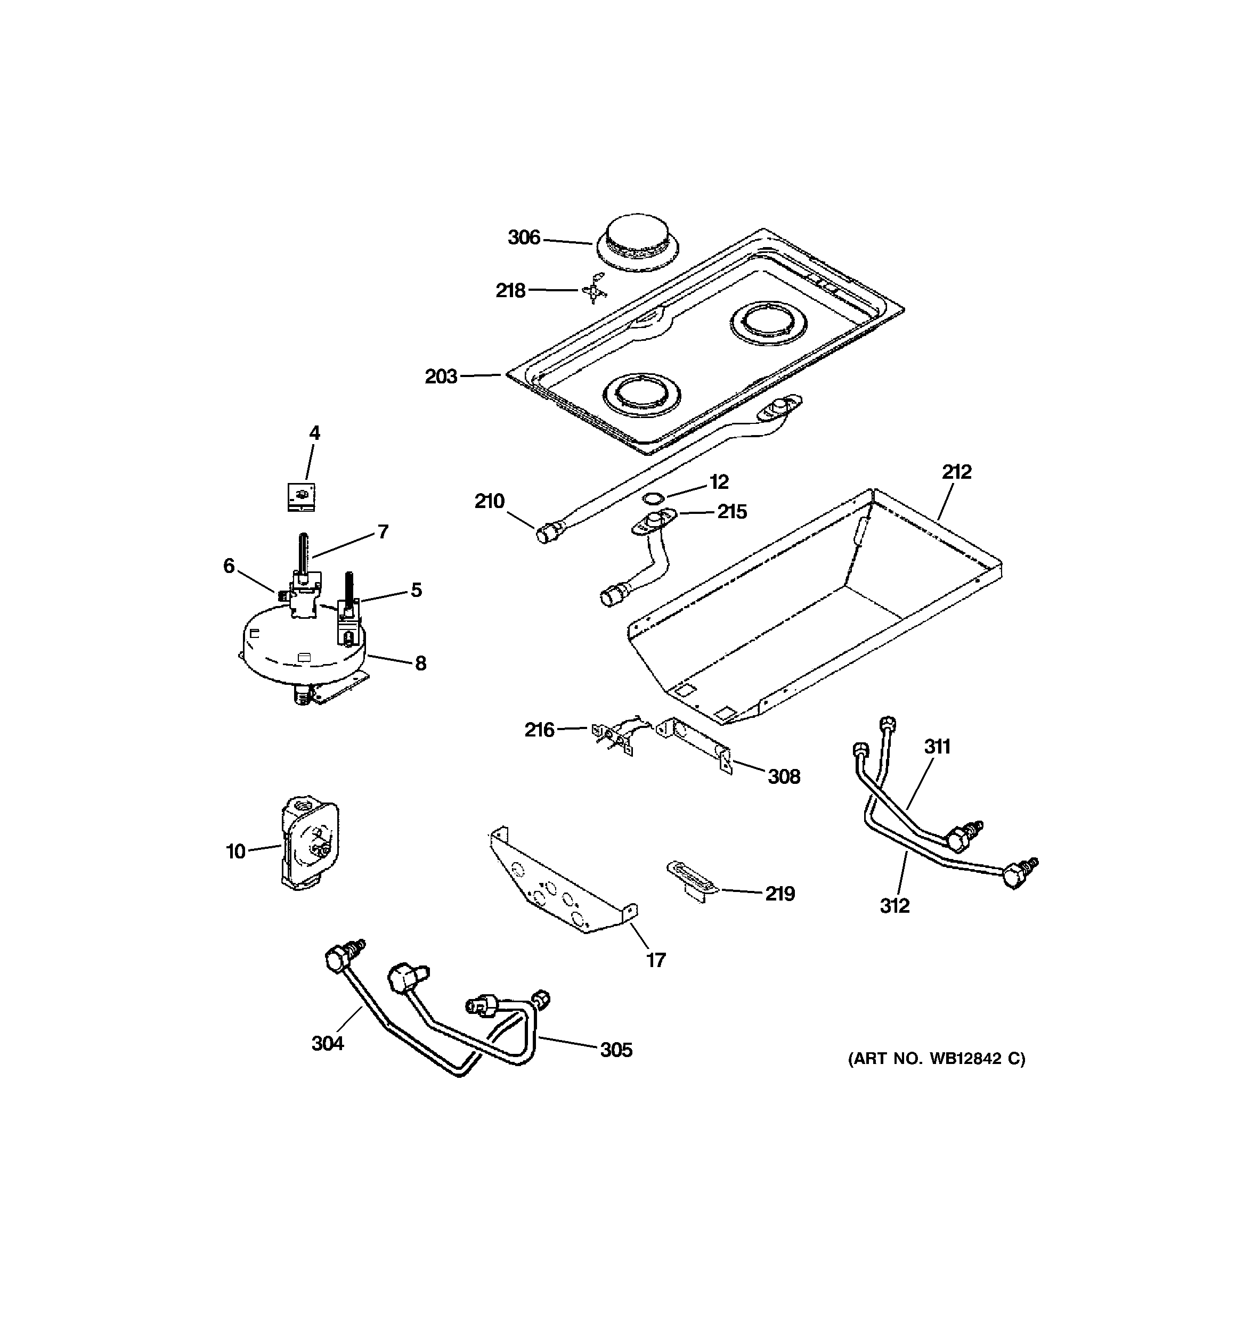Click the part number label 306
(524, 238)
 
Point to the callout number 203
(441, 376)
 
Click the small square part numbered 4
(301, 496)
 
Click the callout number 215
(732, 512)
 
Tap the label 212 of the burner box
(956, 472)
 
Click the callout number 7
(383, 531)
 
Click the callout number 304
(328, 1044)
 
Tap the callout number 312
(895, 906)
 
